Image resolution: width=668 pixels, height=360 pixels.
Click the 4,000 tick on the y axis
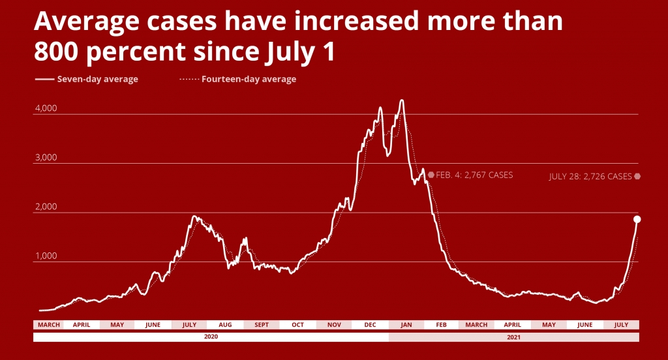pos(46,109)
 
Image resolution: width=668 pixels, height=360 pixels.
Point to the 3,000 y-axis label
pos(46,158)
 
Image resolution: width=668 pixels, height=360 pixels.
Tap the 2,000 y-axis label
pos(46,207)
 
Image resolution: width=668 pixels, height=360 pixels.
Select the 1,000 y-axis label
pos(46,256)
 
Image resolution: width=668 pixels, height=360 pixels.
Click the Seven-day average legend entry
pos(97,80)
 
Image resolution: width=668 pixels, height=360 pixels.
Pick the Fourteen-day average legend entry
pos(249,80)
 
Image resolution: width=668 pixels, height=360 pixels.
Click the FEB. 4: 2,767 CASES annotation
pos(474,175)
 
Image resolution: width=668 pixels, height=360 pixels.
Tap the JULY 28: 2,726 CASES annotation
pos(590,176)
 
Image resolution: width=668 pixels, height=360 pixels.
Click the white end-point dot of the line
pos(637,219)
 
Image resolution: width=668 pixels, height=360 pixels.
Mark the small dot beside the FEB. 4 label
pos(431,175)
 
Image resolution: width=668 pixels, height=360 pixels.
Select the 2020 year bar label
pos(211,337)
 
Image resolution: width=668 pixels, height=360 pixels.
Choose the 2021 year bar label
pos(513,337)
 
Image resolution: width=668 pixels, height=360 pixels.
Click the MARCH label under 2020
pos(49,325)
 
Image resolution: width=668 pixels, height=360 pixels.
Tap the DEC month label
pos(369,325)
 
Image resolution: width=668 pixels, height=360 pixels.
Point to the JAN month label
pos(406,325)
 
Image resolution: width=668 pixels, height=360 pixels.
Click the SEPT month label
pos(261,325)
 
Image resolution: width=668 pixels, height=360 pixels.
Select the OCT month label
pos(297,325)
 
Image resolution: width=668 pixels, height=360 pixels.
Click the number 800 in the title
pos(61,52)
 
